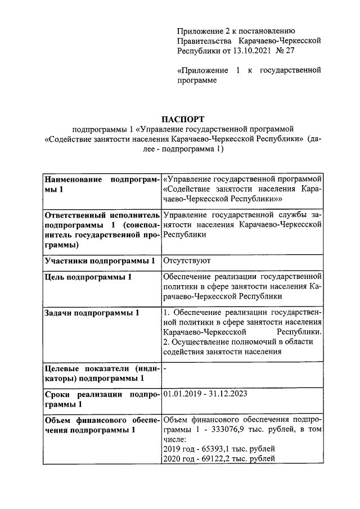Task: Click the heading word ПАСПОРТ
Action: pos(180,119)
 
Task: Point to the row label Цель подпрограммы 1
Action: pos(88,277)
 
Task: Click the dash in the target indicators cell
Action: pos(164,368)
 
